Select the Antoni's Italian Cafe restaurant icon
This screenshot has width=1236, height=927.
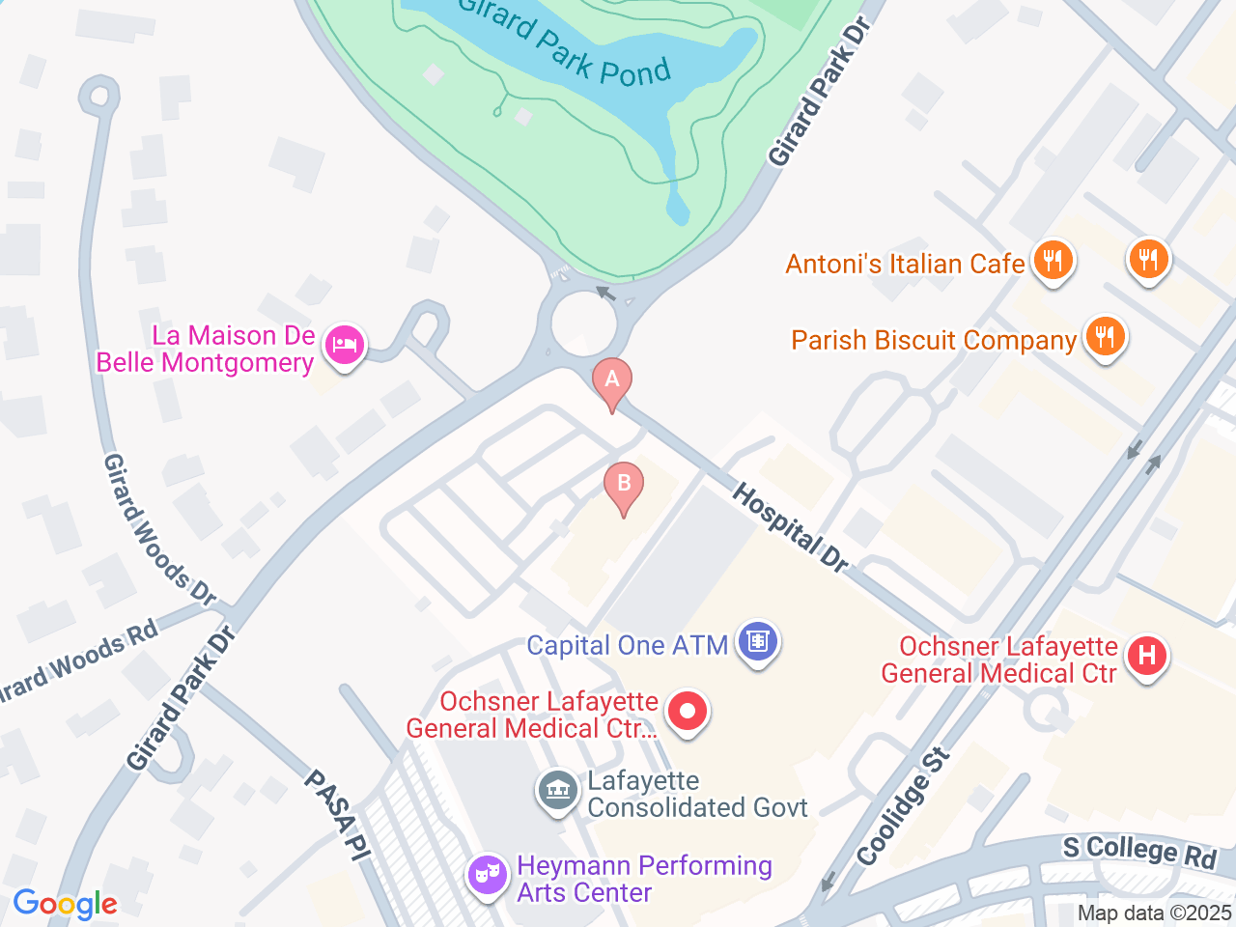(1053, 261)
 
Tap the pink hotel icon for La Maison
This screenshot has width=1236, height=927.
(344, 345)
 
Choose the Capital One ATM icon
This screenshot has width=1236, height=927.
(758, 642)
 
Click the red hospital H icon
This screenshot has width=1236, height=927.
(1146, 657)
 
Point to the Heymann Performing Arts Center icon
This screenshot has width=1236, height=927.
(488, 876)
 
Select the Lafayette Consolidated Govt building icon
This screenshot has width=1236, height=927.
(557, 791)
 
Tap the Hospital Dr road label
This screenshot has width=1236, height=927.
(790, 527)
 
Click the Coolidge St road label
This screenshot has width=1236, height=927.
(904, 807)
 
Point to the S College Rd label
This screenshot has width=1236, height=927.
(1139, 851)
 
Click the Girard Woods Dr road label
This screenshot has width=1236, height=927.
(159, 530)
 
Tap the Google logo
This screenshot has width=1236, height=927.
(65, 905)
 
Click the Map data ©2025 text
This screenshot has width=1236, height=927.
(1154, 913)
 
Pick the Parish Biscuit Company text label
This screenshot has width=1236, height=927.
(933, 340)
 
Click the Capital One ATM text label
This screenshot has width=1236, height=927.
(627, 645)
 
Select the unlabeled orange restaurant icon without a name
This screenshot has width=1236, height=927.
(1148, 260)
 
